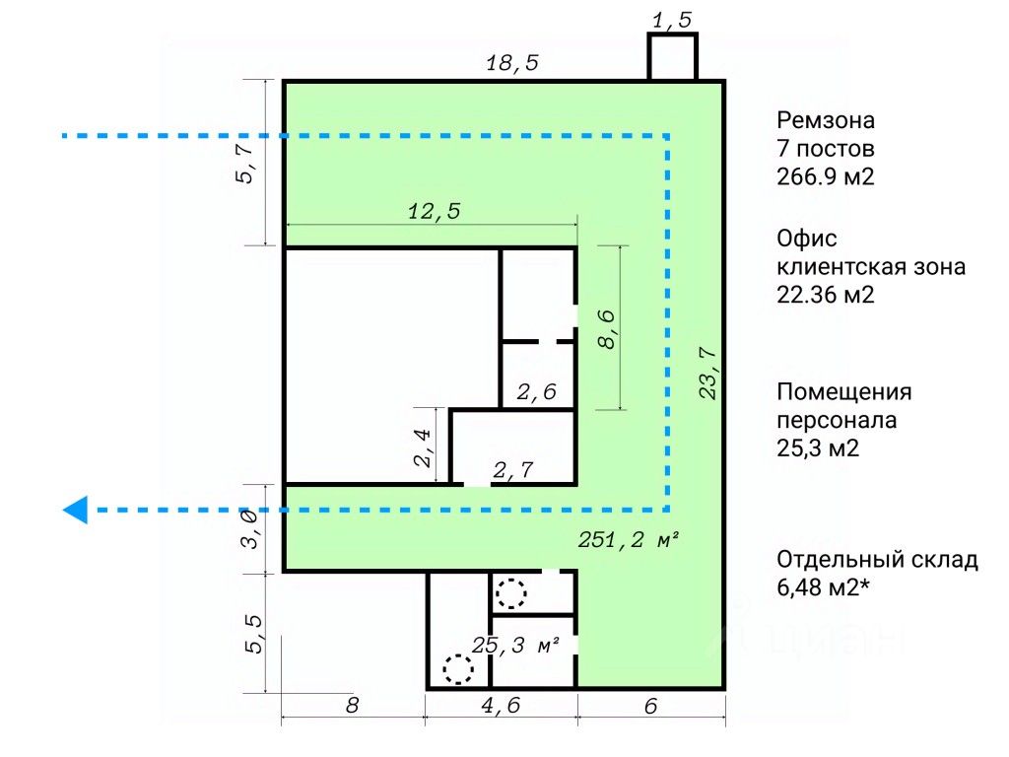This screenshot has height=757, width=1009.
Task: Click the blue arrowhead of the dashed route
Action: coord(75,510)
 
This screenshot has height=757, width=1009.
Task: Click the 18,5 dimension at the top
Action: coord(512,63)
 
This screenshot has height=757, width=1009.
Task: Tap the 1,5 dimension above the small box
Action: coord(672,20)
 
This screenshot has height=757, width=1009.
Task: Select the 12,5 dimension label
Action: coord(435,211)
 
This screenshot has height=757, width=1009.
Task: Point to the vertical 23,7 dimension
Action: coord(707,374)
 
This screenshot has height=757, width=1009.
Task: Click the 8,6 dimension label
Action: coord(607,329)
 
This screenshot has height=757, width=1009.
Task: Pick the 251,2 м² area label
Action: coord(629,539)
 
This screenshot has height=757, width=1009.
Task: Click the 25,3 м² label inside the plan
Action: coord(515,645)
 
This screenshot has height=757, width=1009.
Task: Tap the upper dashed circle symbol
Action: coord(510,593)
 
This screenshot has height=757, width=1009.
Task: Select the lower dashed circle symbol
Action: coord(457,669)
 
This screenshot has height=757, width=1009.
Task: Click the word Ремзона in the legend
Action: coord(826,120)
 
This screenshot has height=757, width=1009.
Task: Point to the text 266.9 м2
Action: coord(826,176)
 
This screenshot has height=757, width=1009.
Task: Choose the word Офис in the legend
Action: coord(807,239)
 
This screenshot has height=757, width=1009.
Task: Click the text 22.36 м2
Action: coord(826,295)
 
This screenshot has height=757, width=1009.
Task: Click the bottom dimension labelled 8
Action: coord(352,706)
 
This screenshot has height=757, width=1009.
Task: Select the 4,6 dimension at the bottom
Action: coord(501,706)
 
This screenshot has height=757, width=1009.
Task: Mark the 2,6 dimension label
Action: coord(537,392)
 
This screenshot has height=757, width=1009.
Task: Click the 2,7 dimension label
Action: coord(512,470)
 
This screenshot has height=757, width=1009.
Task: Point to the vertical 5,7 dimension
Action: coord(245,164)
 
